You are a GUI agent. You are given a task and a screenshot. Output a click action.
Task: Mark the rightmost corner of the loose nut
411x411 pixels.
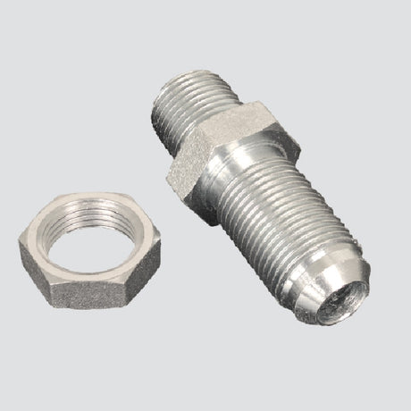pos(159,239)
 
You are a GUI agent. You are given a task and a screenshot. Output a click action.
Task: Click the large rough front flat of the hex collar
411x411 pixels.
pos(193,179)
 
